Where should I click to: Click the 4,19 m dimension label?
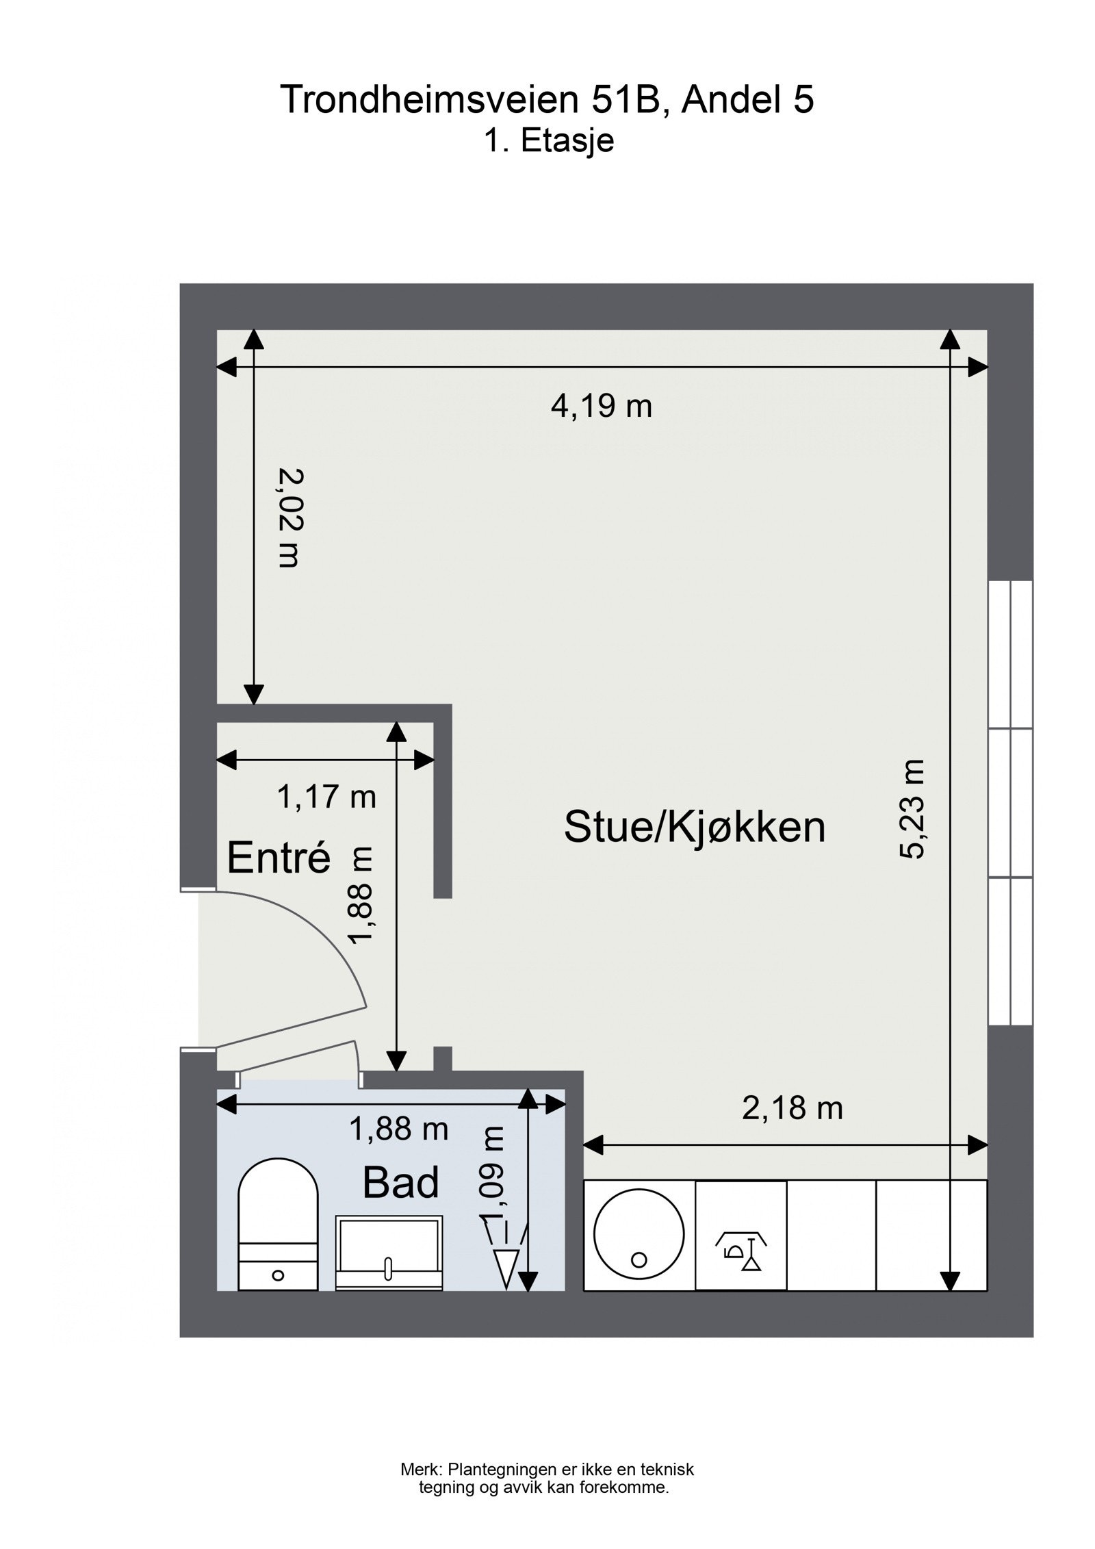(x=601, y=407)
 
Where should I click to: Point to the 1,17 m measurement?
(x=326, y=797)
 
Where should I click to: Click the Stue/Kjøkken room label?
(x=694, y=827)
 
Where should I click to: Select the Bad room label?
(x=400, y=1183)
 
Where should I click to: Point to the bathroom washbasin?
(x=389, y=1253)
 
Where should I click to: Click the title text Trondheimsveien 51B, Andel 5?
(x=547, y=100)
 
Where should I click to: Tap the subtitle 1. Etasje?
(x=548, y=141)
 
